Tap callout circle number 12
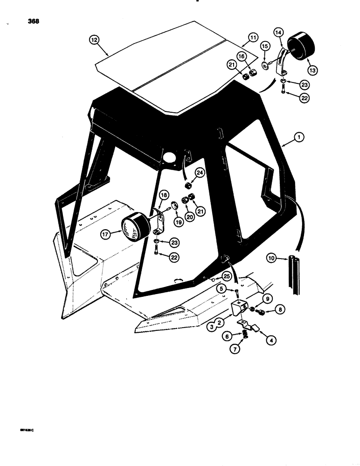point(95,41)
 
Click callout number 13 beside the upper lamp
point(312,69)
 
